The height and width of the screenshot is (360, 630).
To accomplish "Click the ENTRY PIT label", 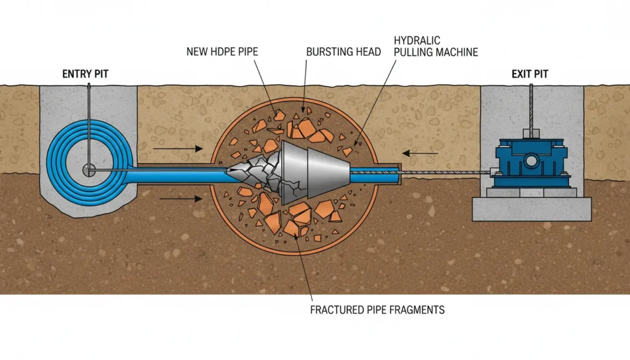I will (87, 74).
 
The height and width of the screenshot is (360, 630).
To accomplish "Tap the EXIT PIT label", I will (530, 74).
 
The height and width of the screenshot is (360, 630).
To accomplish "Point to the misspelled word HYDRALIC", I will (415, 41).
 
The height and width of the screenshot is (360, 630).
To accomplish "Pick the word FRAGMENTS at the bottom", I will (414, 310).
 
